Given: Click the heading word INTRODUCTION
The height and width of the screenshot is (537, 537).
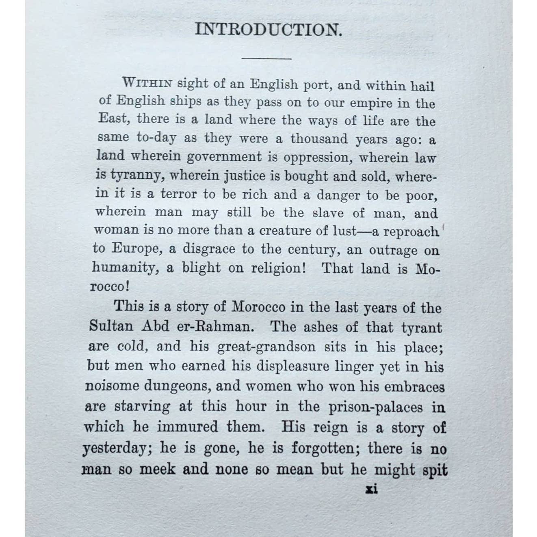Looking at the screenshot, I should pos(268,30).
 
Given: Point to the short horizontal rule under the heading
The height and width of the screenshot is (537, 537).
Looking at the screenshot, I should pos(266,58).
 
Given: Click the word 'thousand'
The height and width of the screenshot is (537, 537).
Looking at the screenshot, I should pos(319,139).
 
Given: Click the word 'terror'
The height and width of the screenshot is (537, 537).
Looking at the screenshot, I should pos(181,194).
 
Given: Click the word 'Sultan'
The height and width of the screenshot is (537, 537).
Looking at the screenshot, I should pos(107,326).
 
